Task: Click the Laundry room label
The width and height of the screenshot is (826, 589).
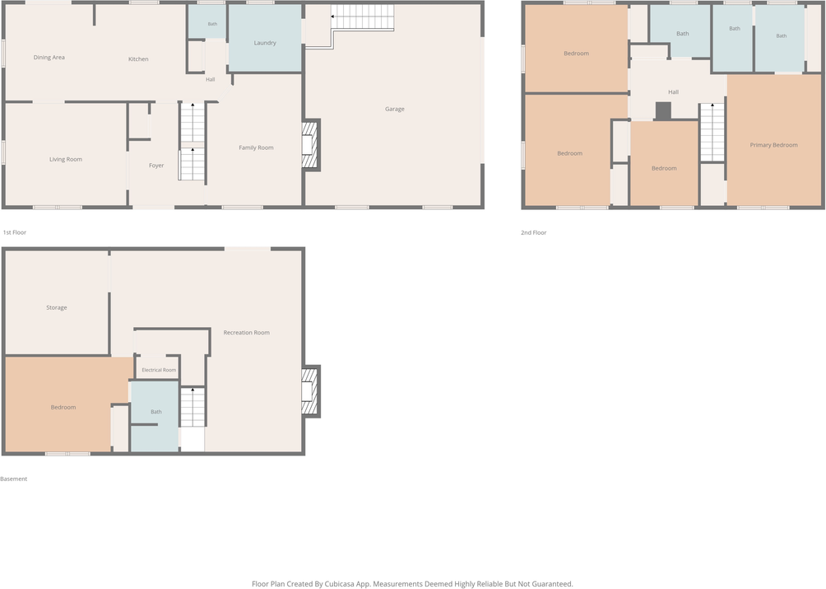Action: coord(265,43)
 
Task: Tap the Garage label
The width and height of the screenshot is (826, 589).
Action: coord(395,110)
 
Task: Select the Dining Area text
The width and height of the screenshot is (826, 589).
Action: coord(49,58)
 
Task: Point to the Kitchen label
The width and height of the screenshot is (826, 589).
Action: coord(138,59)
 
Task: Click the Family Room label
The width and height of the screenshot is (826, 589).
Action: coord(256,147)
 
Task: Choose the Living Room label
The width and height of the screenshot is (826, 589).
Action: coord(66,159)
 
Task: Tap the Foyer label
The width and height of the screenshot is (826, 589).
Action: coord(156,166)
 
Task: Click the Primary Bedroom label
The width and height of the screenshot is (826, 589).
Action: coord(774,145)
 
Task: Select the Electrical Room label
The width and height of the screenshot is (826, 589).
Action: coord(159,370)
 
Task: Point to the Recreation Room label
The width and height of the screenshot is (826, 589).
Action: coord(247,333)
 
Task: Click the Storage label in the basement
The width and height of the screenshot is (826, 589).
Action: coord(57,308)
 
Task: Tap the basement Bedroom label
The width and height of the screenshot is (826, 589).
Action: coord(63,408)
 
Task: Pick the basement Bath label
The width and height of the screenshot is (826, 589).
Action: coord(156,412)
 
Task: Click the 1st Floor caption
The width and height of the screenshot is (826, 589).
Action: coord(15,232)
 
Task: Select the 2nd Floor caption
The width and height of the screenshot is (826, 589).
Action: coord(534,232)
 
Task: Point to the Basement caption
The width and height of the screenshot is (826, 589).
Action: coord(14,479)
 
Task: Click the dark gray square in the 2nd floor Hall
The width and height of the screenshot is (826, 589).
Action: coord(663,110)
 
